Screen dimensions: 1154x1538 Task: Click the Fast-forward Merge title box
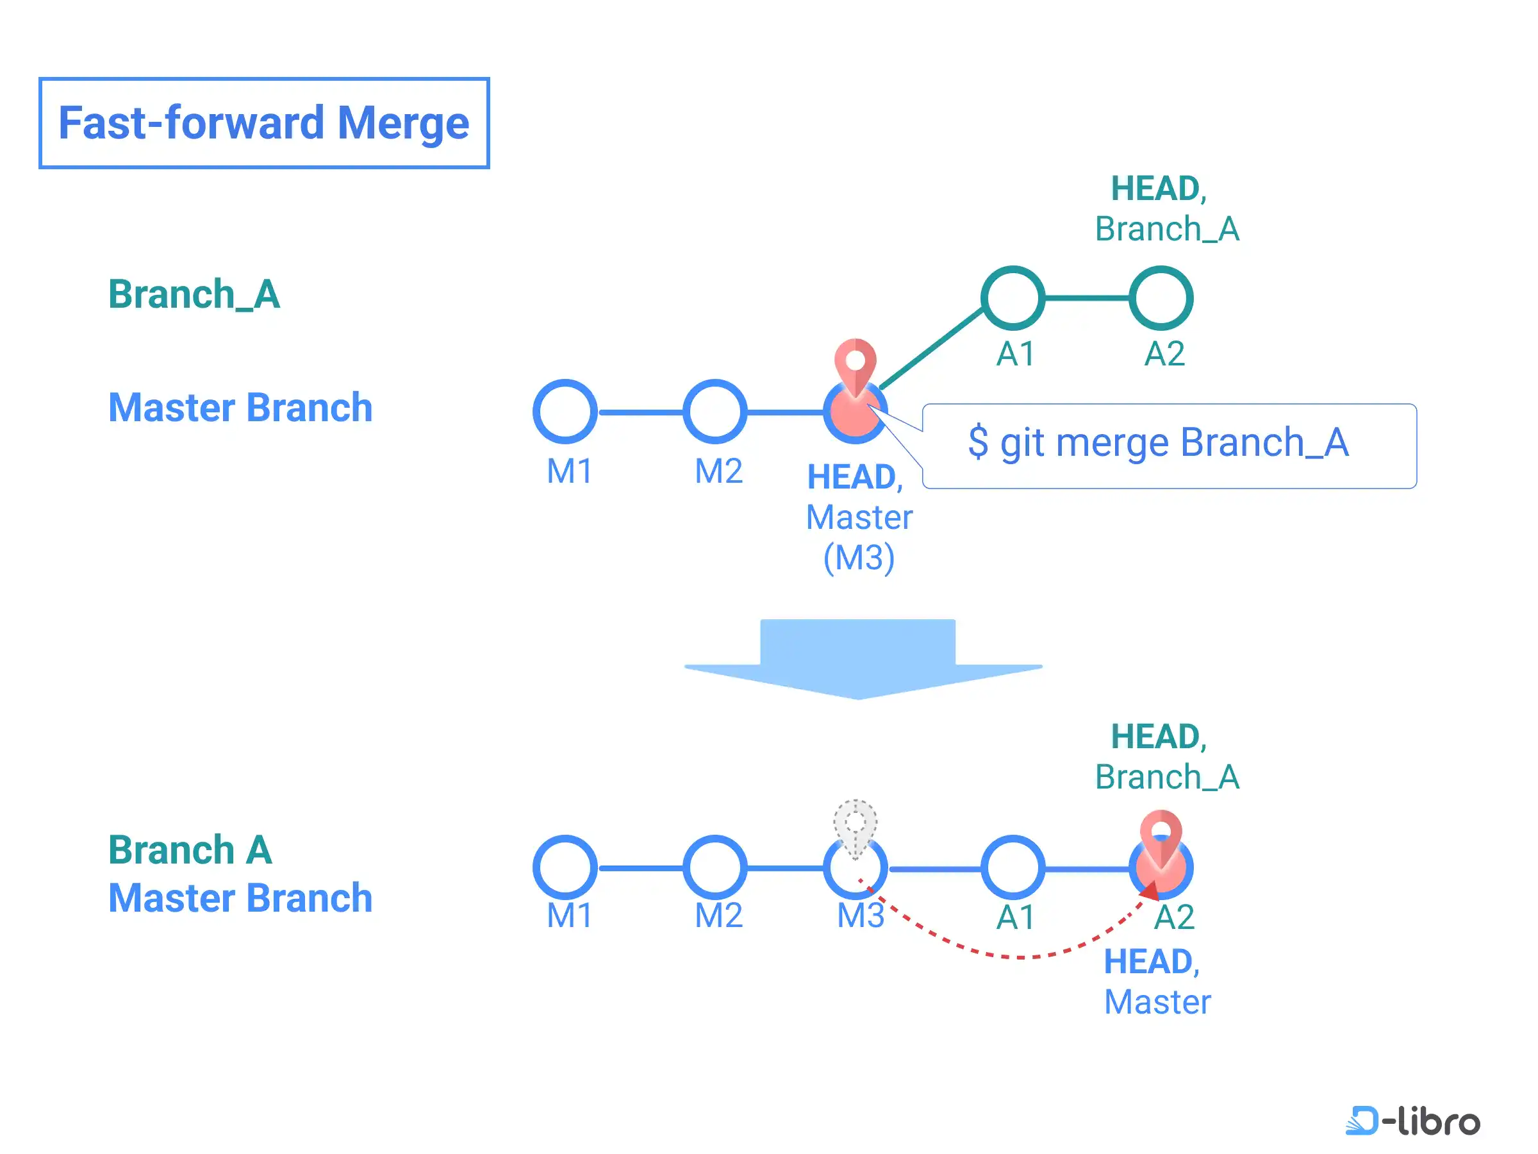coord(263,123)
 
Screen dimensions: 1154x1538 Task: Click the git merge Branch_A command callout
coord(1169,445)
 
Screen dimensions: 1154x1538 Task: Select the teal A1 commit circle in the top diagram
coord(1013,297)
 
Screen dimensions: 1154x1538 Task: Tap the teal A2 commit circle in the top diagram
coord(1161,297)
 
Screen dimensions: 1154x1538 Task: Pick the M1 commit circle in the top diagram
coord(565,411)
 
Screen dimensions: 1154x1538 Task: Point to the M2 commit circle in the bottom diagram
coord(715,867)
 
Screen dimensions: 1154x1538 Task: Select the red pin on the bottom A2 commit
coord(1160,835)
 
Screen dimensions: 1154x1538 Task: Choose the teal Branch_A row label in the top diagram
coord(194,294)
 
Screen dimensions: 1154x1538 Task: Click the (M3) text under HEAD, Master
coord(859,557)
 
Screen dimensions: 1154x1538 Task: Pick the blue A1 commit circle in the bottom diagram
coord(1013,867)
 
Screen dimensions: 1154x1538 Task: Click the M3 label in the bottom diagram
coord(860,915)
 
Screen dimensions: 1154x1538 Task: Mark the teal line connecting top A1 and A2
coord(1086,297)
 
